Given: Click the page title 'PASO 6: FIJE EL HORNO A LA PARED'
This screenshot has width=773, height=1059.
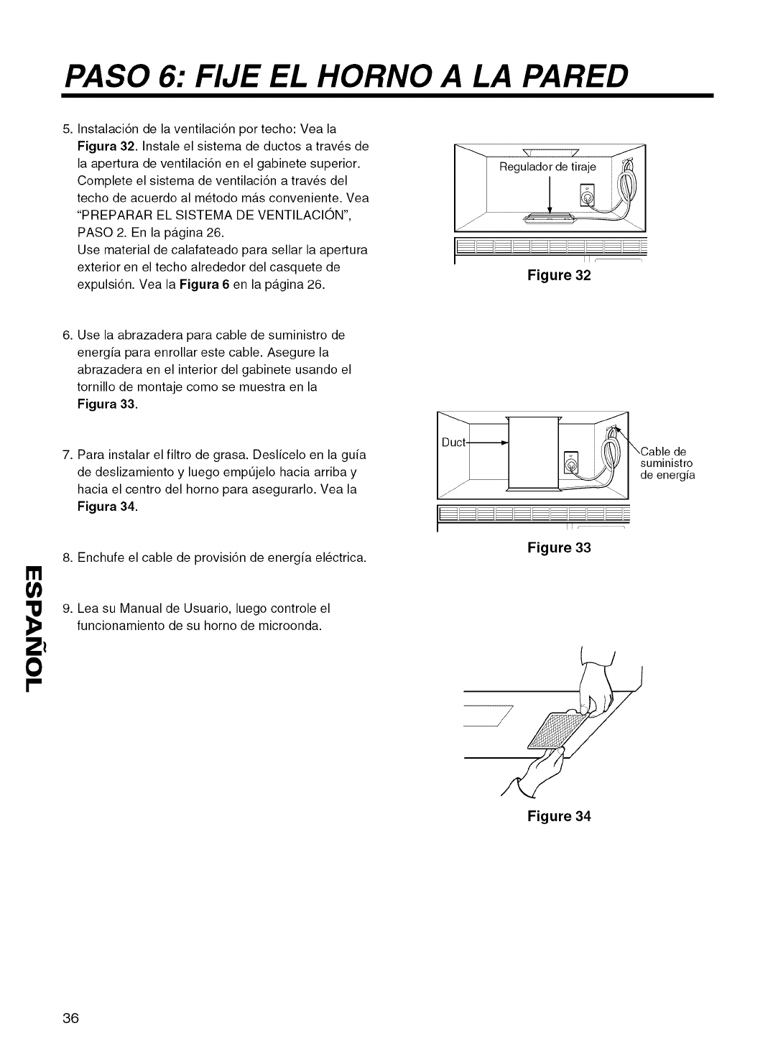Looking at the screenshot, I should pyautogui.click(x=345, y=73).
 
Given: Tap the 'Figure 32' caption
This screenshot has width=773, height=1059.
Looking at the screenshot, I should pyautogui.click(x=559, y=275).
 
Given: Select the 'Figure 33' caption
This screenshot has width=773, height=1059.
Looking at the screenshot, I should pyautogui.click(x=559, y=547).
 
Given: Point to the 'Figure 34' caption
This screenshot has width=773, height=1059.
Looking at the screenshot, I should pyautogui.click(x=559, y=816).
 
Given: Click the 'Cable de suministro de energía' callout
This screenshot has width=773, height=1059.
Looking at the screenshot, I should pyautogui.click(x=667, y=463).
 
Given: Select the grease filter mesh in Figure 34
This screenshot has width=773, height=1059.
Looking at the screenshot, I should pyautogui.click(x=557, y=731).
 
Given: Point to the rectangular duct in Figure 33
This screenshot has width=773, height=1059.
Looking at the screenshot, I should pyautogui.click(x=532, y=454).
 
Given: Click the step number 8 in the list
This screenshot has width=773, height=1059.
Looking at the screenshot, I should pyautogui.click(x=67, y=558).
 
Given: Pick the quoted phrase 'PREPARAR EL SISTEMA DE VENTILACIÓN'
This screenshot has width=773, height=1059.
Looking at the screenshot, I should pyautogui.click(x=214, y=215).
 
